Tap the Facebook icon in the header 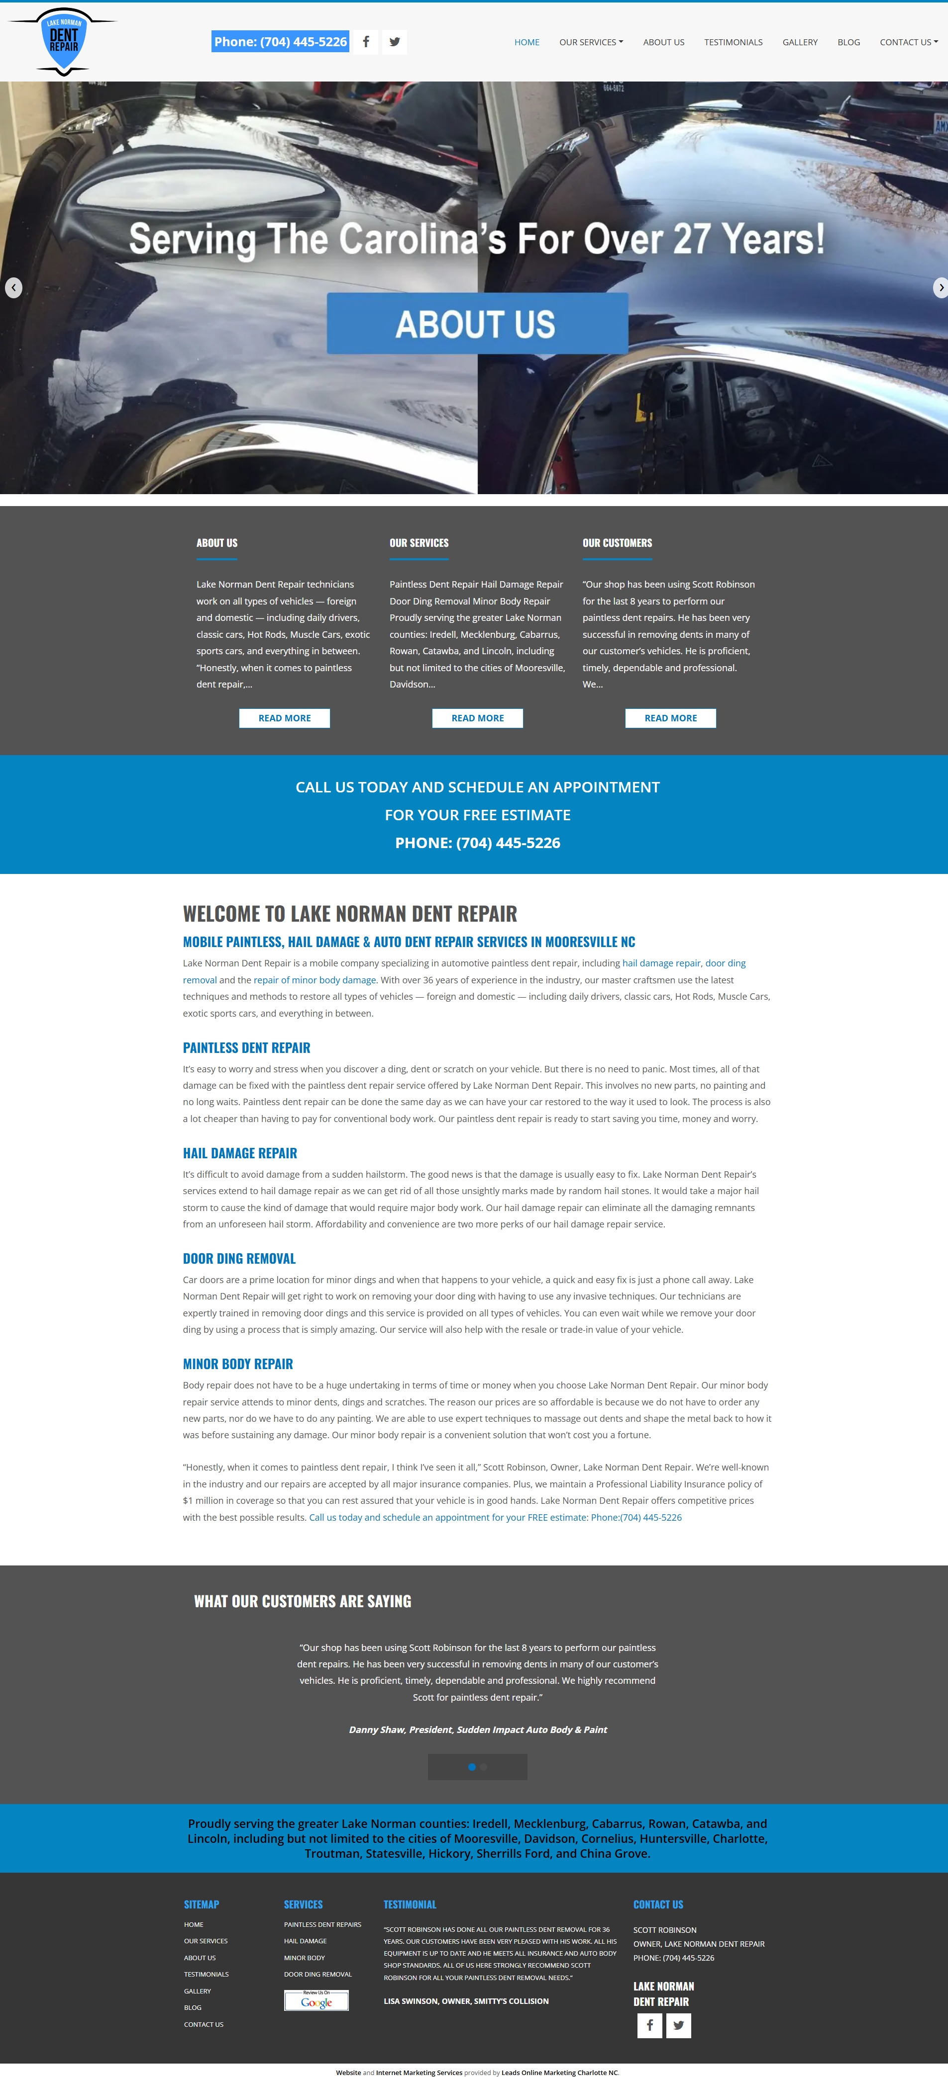pyautogui.click(x=365, y=42)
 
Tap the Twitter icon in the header pyautogui.click(x=395, y=42)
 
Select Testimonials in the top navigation pyautogui.click(x=733, y=42)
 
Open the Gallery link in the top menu pyautogui.click(x=800, y=42)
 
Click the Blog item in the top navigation pyautogui.click(x=848, y=42)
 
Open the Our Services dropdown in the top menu pyautogui.click(x=591, y=42)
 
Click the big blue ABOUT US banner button pyautogui.click(x=477, y=323)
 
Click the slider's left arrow pyautogui.click(x=14, y=288)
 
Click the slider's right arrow pyautogui.click(x=940, y=288)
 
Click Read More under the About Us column pyautogui.click(x=284, y=718)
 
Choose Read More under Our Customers pyautogui.click(x=670, y=718)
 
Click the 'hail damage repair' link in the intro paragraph pyautogui.click(x=661, y=963)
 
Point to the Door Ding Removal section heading pyautogui.click(x=239, y=1259)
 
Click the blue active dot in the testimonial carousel pyautogui.click(x=472, y=1767)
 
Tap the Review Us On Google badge pyautogui.click(x=316, y=2000)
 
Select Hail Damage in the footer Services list pyautogui.click(x=305, y=1941)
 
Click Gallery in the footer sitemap pyautogui.click(x=197, y=1990)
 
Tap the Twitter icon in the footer pyautogui.click(x=678, y=2025)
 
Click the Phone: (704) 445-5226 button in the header pyautogui.click(x=280, y=42)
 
